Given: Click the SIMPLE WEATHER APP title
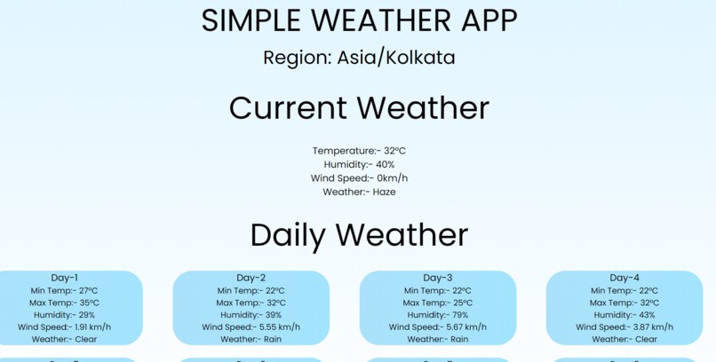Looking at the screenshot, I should pos(359,20).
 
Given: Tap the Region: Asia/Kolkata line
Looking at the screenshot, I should pos(359,58).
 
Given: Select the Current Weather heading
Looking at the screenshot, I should pos(359,108).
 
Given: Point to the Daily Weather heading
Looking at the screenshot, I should pos(359,235).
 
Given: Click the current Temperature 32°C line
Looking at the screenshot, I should pos(359,151).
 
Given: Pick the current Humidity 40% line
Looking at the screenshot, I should pos(359,164).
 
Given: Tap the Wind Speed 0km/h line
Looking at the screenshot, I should pos(359,178).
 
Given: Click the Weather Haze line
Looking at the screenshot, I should pos(359,192).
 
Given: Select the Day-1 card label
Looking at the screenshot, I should pos(64,278).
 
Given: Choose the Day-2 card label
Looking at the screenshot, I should pos(251,278).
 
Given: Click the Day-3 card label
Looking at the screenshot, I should pos(438,278).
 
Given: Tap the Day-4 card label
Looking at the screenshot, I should pos(625,278).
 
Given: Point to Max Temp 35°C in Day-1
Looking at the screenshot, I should pos(64,303).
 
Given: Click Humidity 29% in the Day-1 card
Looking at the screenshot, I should pos(64,315).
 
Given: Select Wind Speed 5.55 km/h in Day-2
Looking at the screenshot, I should pos(251,327).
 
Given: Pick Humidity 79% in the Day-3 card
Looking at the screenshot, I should pos(438,315).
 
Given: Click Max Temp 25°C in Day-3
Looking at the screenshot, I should pos(438,303).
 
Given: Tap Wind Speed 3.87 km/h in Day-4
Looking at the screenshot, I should pos(625,327).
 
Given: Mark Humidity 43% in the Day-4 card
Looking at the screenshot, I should pos(625,315).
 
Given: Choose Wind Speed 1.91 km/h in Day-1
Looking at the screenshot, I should pos(64,327).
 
